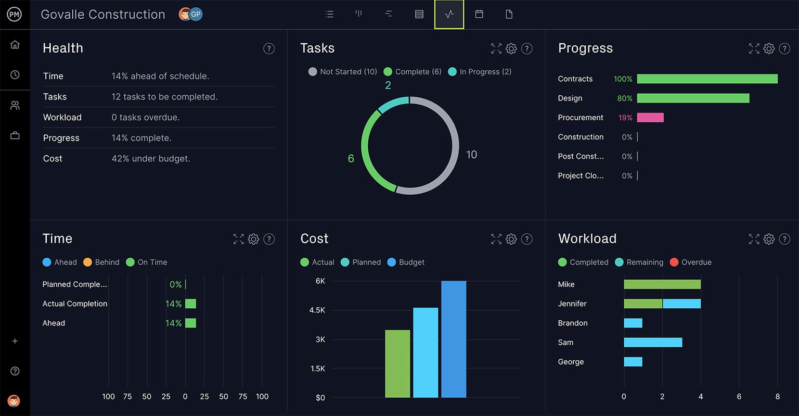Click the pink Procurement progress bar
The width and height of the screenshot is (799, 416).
(x=650, y=118)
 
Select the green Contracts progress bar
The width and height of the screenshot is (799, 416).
(x=707, y=79)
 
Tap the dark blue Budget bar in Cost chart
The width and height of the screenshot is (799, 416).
(x=454, y=339)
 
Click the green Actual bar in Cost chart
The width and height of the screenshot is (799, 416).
(x=397, y=363)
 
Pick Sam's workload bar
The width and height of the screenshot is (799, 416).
(x=653, y=343)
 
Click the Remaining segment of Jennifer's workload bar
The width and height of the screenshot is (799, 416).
(x=681, y=304)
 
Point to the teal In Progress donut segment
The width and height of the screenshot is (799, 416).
(x=393, y=104)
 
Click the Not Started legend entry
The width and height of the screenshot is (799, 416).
(x=343, y=72)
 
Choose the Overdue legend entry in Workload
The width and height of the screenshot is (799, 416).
(x=690, y=262)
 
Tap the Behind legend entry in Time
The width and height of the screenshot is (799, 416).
(x=101, y=262)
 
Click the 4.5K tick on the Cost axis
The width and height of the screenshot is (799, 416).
(x=317, y=310)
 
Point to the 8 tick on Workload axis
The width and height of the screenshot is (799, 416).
(x=777, y=397)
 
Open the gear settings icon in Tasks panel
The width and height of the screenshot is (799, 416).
(x=511, y=49)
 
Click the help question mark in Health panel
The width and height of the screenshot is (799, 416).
(x=269, y=49)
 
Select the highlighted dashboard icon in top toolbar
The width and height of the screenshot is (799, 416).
(x=449, y=15)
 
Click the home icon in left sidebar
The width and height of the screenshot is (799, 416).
(x=15, y=45)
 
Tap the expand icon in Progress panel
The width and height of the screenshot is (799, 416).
(x=754, y=49)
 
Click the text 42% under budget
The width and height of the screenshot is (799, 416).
(x=151, y=159)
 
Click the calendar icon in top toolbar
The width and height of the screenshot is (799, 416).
(x=479, y=15)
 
